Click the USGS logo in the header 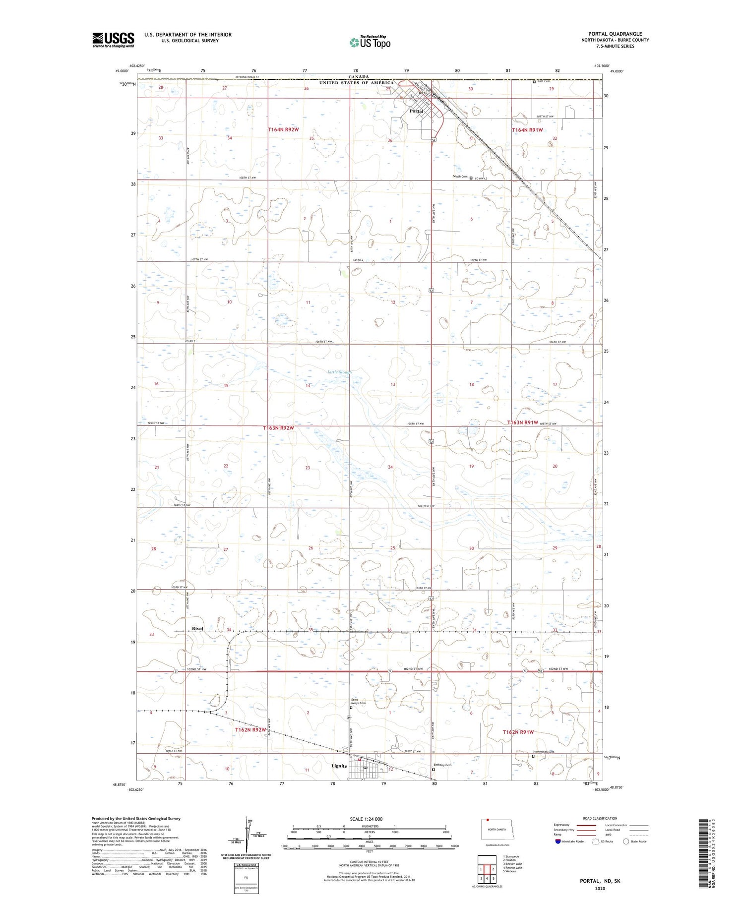(113, 40)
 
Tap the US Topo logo (370, 43)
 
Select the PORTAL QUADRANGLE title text (615, 34)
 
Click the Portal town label (416, 111)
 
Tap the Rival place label (197, 629)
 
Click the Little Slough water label (339, 372)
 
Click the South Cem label (460, 177)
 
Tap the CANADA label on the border (358, 77)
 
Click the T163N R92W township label (278, 427)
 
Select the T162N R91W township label (518, 732)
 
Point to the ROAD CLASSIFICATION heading (600, 818)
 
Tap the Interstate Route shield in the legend (558, 841)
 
